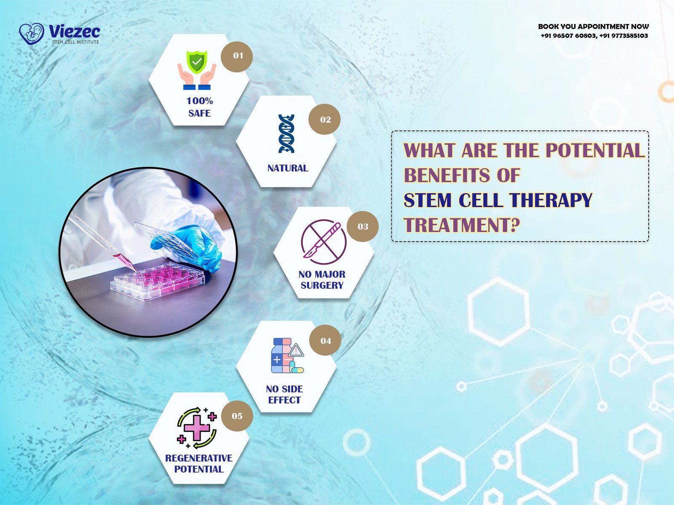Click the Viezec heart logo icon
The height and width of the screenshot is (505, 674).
[31, 34]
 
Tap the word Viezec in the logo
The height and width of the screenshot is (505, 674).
[75, 32]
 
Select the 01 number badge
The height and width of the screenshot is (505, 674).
[237, 57]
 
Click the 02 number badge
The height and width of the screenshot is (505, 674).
[324, 119]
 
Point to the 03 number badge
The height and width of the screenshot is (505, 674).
[362, 226]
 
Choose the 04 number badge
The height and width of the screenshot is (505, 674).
[325, 340]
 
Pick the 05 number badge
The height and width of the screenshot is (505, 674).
[237, 416]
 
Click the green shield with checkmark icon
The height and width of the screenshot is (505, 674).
[197, 62]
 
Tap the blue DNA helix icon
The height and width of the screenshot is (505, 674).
[286, 134]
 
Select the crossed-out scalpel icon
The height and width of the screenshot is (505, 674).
[324, 242]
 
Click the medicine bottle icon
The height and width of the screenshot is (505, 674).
[287, 356]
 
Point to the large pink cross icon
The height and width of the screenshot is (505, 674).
[197, 428]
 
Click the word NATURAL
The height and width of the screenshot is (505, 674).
[288, 168]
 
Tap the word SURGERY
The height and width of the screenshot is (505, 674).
[322, 285]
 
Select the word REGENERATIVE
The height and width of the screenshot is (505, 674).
[199, 458]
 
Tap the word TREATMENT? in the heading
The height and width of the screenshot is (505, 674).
[462, 225]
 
